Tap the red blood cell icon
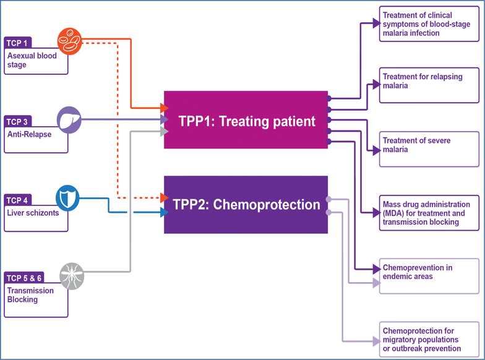[x=69, y=41]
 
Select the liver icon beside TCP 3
[x=69, y=118]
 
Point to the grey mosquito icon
[x=71, y=276]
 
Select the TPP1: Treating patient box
[x=246, y=120]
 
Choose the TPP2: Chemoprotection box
[x=246, y=205]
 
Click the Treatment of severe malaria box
[x=429, y=150]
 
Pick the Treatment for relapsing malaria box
[x=429, y=85]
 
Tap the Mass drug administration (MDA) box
[x=429, y=213]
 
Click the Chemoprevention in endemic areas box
[x=429, y=276]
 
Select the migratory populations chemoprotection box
[x=429, y=340]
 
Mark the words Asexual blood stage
[x=32, y=60]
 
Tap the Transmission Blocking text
[x=31, y=295]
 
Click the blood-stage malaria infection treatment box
[x=429, y=25]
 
